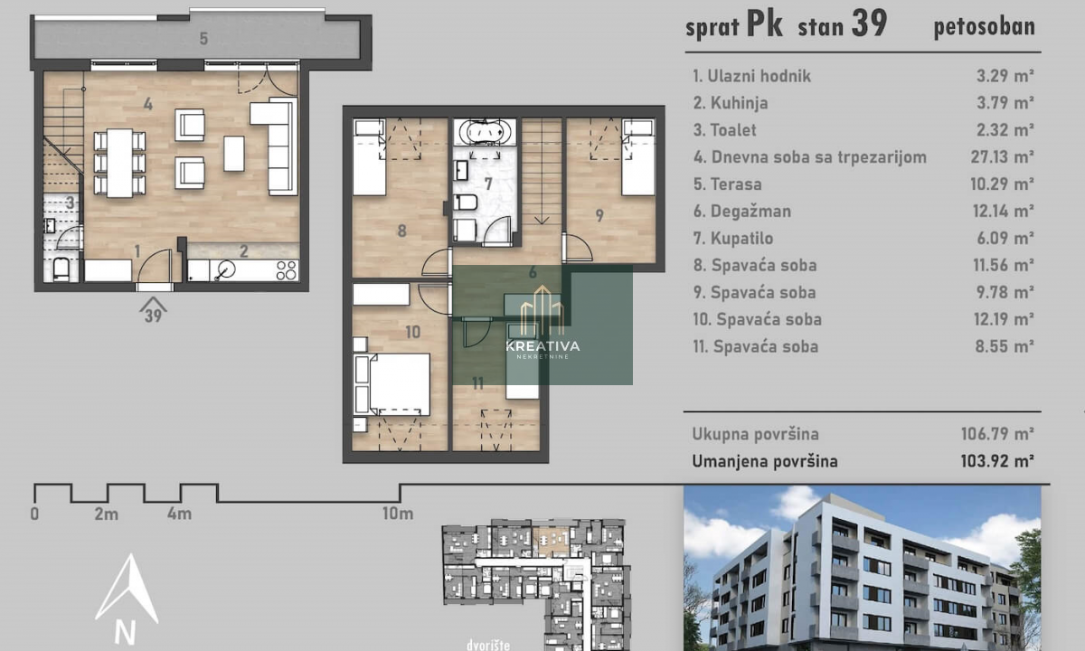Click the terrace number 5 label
point(204,39)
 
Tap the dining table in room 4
point(119,163)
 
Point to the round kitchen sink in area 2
point(226,269)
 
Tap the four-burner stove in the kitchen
point(287,270)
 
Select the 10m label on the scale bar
point(398,514)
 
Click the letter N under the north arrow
point(125,633)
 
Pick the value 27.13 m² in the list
point(1002,157)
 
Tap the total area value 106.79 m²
point(998,434)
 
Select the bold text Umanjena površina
point(765,461)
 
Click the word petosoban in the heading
point(985,27)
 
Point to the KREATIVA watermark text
point(542,345)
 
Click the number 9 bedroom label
point(599,215)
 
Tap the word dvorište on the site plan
point(487,646)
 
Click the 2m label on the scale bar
point(107,514)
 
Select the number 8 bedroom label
point(401,231)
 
